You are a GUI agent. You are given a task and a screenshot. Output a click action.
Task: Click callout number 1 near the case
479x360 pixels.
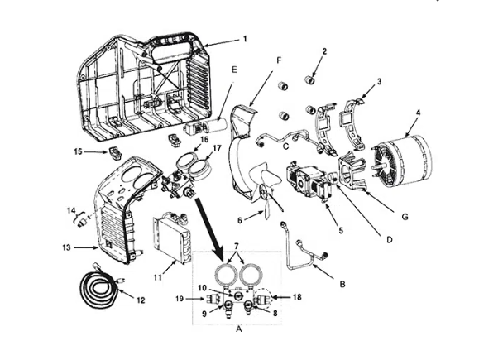245,39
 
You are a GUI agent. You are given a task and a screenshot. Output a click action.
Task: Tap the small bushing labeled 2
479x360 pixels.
311,80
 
